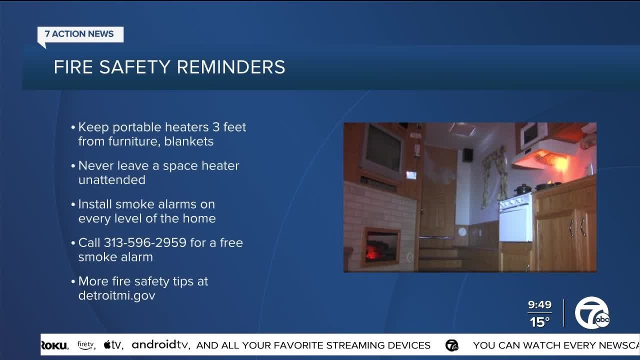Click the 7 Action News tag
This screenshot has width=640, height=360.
(80, 34)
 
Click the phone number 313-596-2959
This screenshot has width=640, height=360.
(148, 243)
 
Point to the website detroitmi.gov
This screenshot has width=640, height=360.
(116, 295)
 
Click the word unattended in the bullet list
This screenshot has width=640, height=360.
(111, 180)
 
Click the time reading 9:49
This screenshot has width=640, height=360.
(539, 305)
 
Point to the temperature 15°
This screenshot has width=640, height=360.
(539, 322)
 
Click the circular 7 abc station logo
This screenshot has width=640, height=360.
(592, 313)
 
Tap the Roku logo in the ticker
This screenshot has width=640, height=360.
(54, 345)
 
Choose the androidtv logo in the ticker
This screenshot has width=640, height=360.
(161, 345)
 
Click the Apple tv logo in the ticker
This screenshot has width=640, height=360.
(113, 345)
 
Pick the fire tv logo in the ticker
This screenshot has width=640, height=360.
(86, 345)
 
